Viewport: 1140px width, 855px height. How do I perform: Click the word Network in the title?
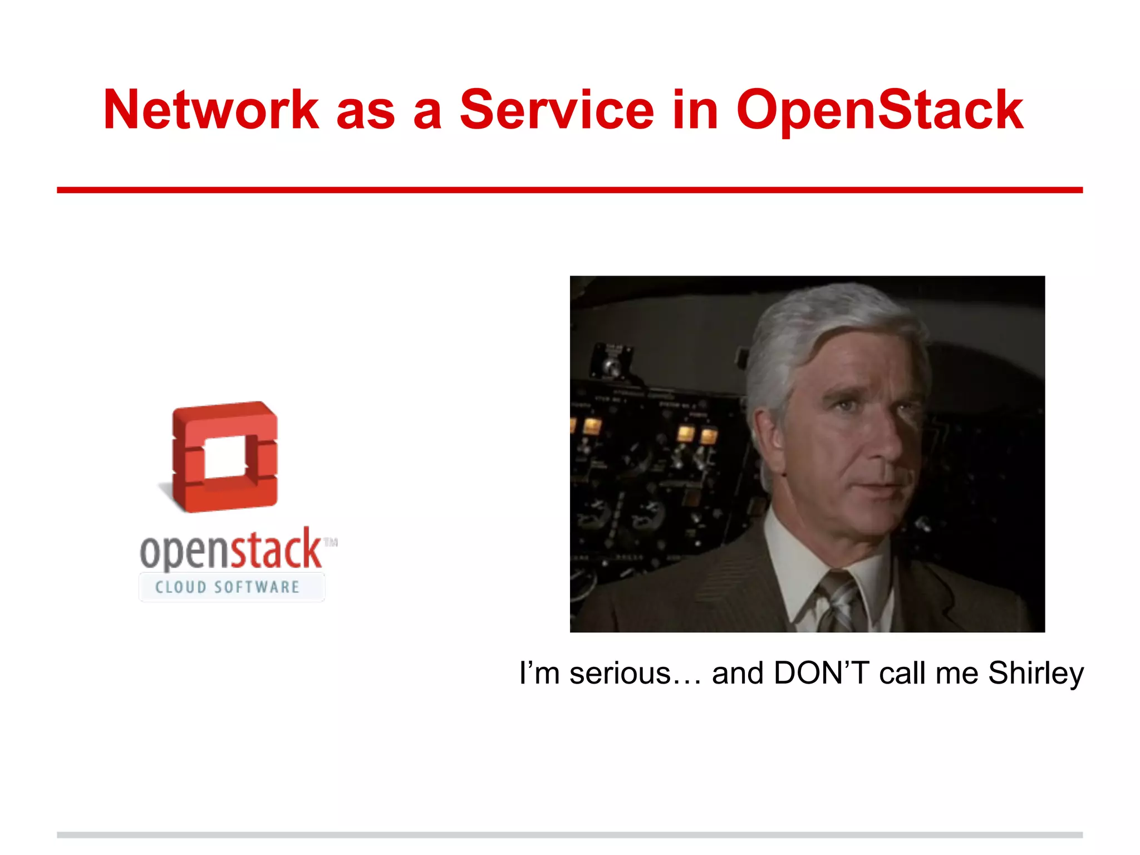click(211, 110)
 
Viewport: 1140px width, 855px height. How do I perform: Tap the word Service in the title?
click(556, 110)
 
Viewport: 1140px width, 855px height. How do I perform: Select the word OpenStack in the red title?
click(879, 111)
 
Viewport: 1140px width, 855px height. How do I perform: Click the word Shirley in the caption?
click(1035, 674)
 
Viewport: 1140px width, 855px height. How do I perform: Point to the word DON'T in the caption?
click(821, 673)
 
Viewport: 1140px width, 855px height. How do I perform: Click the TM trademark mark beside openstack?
click(331, 542)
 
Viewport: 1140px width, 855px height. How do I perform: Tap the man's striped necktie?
click(838, 604)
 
